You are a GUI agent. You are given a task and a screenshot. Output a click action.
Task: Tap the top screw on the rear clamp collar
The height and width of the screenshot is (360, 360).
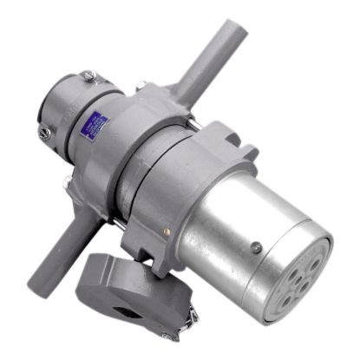pos(88,75)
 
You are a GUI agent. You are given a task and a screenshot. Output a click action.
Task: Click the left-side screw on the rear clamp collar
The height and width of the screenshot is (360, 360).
pos(44,133)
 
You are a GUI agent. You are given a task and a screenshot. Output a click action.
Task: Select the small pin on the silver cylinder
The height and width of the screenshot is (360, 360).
pos(256,247)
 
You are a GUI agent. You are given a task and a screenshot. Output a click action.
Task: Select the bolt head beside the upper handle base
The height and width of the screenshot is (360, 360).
pos(141,86)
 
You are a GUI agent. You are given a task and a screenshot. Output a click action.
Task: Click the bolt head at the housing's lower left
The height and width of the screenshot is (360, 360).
pos(67,182)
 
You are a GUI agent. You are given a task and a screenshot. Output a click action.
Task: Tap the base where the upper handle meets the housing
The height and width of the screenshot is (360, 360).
pos(178,91)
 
